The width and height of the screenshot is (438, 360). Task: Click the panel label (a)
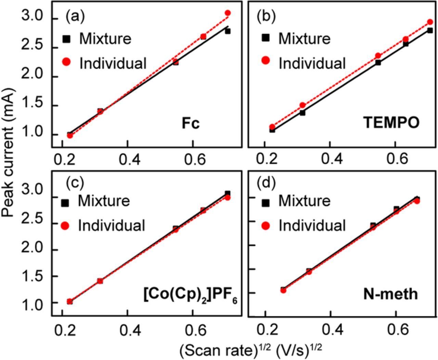click(x=75, y=16)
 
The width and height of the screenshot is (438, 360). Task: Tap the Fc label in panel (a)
click(x=190, y=123)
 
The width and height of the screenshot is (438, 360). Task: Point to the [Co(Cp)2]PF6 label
click(x=190, y=294)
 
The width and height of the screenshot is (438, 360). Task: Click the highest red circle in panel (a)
click(x=228, y=13)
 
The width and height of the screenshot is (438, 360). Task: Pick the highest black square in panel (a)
click(x=228, y=31)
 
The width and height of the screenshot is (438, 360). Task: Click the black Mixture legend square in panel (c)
click(x=65, y=203)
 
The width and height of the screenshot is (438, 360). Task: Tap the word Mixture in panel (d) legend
click(x=304, y=201)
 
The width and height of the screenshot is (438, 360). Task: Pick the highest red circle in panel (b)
click(x=430, y=22)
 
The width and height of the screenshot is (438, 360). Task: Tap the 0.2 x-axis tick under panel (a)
click(x=62, y=159)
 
